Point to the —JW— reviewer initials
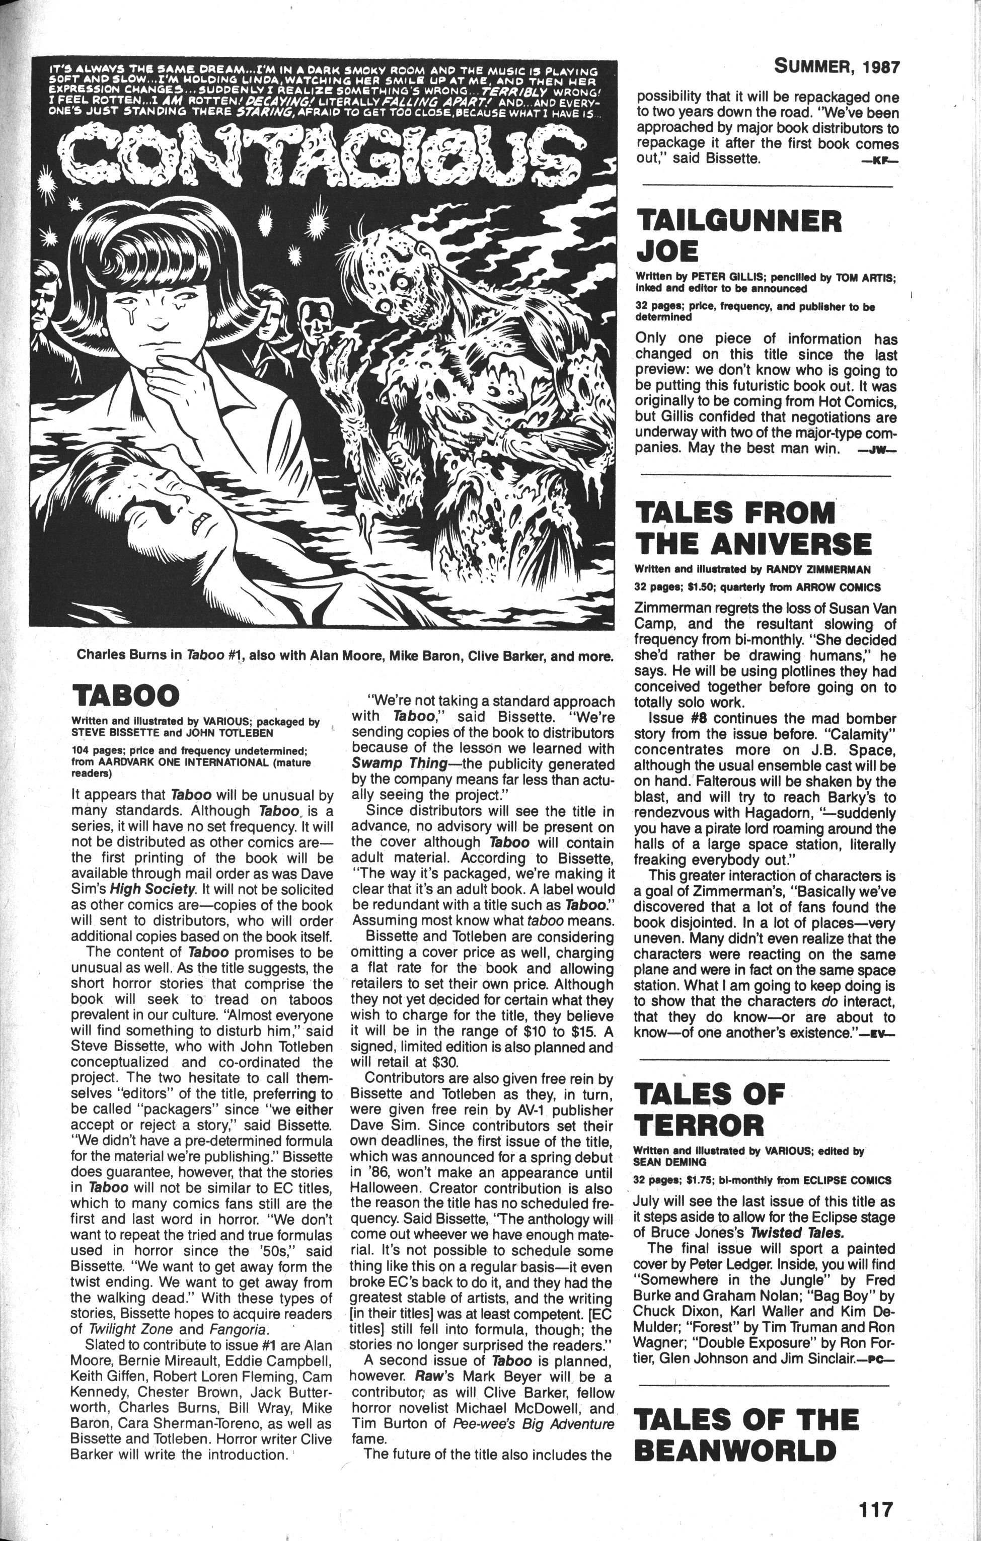[x=876, y=451]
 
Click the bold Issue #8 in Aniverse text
[x=680, y=719]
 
